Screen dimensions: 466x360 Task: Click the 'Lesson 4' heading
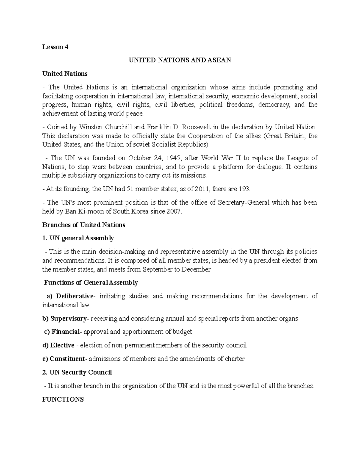[x=55, y=47]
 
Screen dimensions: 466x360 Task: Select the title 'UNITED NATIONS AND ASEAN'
[x=180, y=60]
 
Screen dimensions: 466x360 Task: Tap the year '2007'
[x=175, y=211]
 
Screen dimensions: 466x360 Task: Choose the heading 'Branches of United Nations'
[x=84, y=225]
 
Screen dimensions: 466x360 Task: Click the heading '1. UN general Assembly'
[x=78, y=238]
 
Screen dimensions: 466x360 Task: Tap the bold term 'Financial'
[x=65, y=332]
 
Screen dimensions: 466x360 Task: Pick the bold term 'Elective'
[x=62, y=345]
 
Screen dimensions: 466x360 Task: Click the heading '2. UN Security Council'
[x=77, y=372]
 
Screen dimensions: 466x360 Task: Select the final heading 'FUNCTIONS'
[x=63, y=399]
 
